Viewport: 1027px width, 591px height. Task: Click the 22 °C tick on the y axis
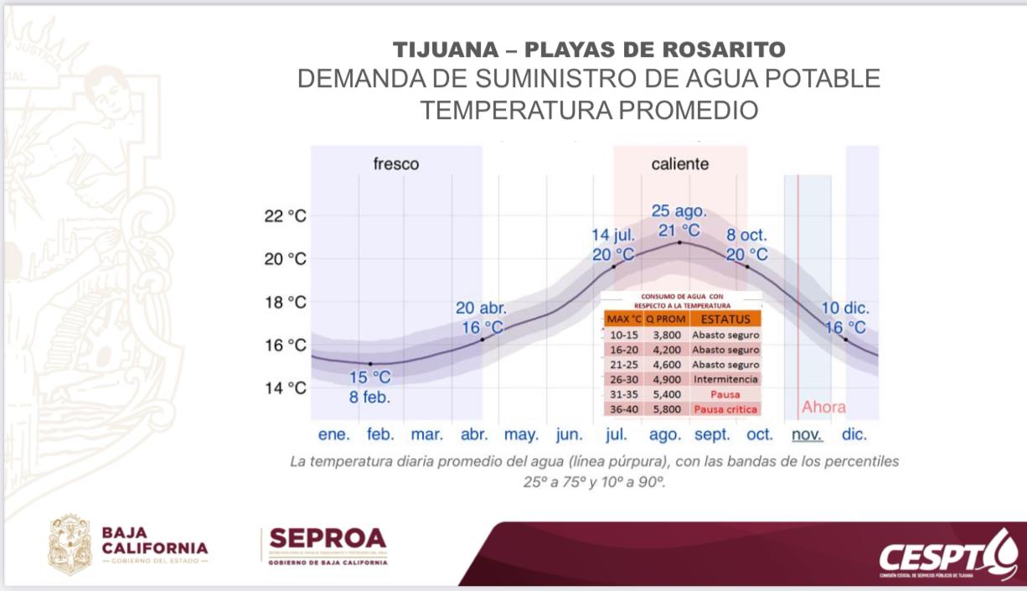click(286, 216)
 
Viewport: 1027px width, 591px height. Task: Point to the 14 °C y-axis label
click(286, 388)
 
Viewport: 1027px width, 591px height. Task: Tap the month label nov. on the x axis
click(808, 435)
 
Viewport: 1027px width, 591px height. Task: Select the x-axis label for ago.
click(665, 435)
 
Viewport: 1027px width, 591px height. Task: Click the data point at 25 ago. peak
click(679, 242)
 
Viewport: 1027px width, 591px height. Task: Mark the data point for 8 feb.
click(370, 364)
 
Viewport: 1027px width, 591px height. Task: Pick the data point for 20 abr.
click(483, 339)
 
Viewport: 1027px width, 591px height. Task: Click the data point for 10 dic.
click(845, 339)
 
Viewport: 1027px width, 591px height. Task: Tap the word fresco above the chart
click(396, 164)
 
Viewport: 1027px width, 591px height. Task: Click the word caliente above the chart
click(680, 164)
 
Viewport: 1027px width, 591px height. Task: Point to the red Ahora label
click(823, 407)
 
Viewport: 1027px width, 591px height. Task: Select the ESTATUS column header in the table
click(725, 319)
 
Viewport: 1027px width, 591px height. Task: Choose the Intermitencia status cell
click(725, 380)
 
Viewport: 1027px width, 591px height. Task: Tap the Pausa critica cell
click(725, 410)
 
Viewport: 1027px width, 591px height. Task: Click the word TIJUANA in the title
click(445, 49)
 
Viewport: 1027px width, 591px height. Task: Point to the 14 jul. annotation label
click(613, 235)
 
